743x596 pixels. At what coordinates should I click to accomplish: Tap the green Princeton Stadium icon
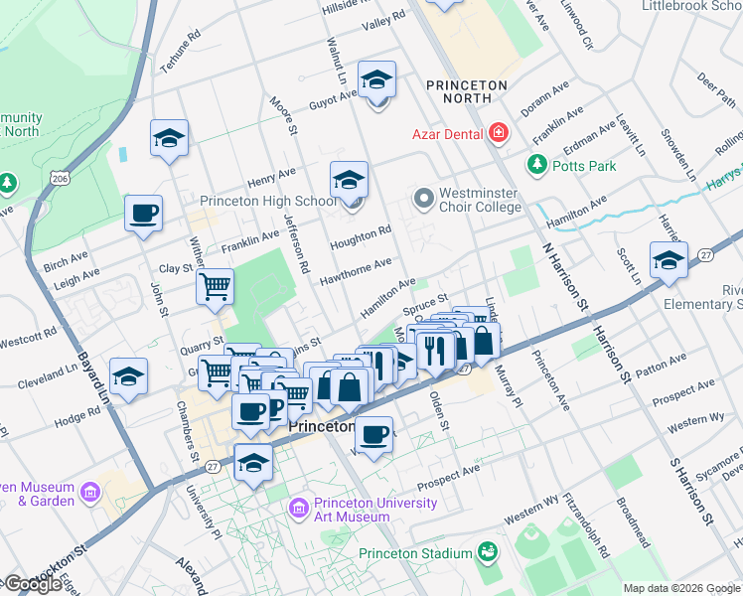point(487,551)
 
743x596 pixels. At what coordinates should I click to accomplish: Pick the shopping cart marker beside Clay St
point(215,288)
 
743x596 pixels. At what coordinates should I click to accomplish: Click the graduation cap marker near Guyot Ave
point(376,79)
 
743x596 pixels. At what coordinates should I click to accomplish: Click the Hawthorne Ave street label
point(355,269)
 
